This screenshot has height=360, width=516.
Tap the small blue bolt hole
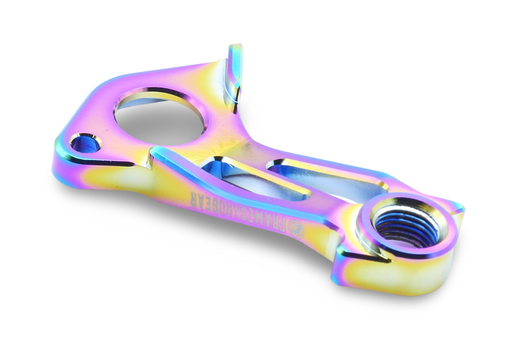tap(86, 144)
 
